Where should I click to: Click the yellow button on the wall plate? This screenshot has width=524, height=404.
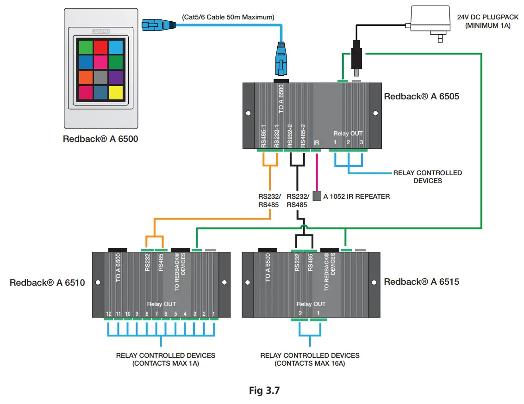[x=116, y=92]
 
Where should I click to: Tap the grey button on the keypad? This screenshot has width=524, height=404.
[x=100, y=77]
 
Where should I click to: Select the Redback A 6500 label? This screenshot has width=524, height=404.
[x=100, y=138]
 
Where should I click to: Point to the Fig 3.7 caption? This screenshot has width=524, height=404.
[x=264, y=390]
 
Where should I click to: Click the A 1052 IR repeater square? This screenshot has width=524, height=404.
[x=317, y=196]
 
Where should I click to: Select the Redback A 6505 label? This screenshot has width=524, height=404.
[x=421, y=97]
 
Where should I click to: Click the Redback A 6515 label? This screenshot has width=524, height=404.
[x=421, y=281]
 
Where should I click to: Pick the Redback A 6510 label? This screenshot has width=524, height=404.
[x=47, y=282]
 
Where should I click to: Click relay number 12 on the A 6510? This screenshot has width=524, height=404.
[x=108, y=313]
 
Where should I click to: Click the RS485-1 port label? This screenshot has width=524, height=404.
[x=263, y=135]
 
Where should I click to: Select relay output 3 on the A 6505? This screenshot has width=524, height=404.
[x=361, y=142]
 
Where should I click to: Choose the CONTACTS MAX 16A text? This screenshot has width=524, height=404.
[x=310, y=363]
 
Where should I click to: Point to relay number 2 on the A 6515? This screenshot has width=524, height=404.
[x=299, y=313]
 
